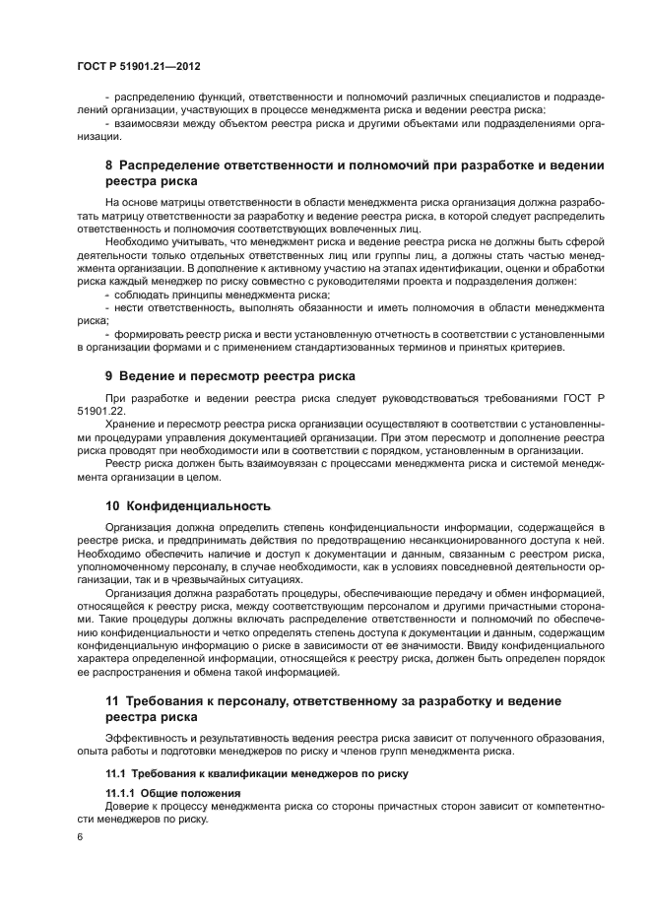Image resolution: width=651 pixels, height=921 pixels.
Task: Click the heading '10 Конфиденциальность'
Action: [187, 506]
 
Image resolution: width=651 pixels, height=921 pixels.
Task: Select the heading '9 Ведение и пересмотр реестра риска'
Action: [229, 376]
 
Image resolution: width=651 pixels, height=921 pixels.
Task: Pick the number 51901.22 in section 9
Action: [99, 412]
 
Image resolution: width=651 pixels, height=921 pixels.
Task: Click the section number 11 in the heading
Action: [112, 700]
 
